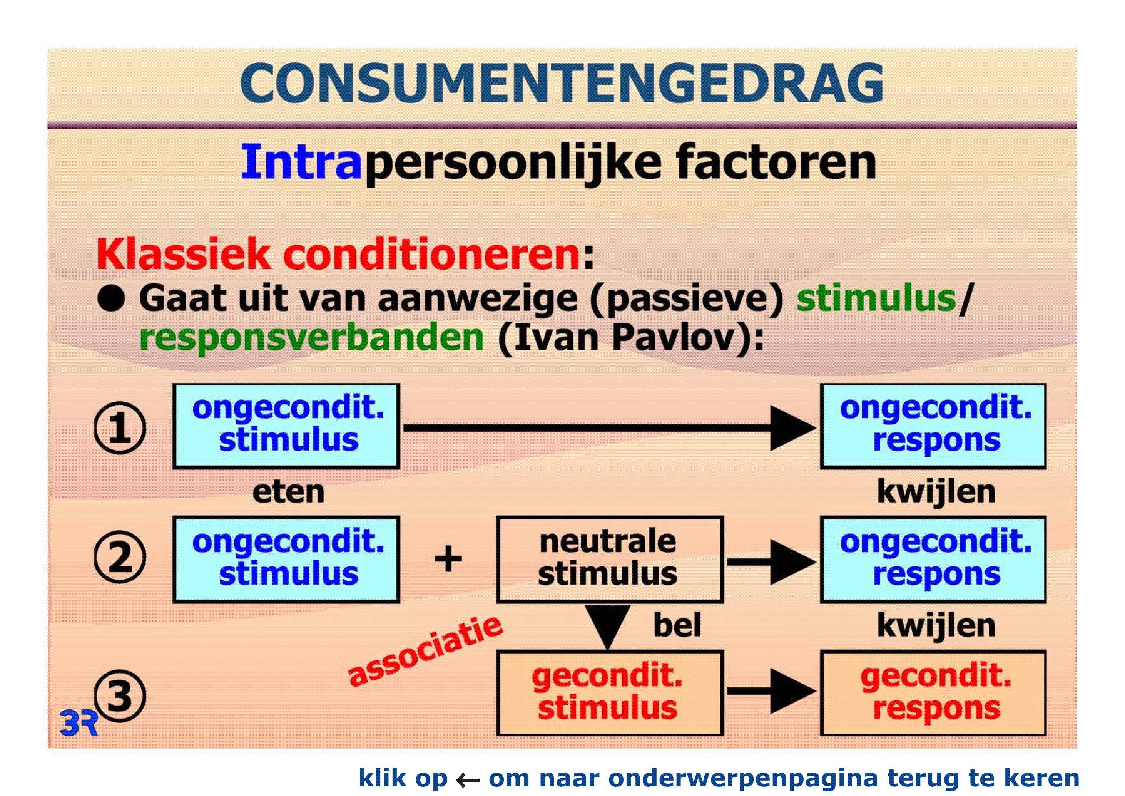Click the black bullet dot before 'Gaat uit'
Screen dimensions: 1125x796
coord(111,298)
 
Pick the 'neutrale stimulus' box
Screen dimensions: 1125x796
coord(610,559)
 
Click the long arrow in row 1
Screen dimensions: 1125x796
coord(610,428)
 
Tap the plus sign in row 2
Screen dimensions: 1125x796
coord(448,558)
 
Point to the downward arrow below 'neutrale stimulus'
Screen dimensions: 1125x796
coord(608,627)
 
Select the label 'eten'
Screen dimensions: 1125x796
coord(288,492)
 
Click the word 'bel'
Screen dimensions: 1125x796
coord(677,625)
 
